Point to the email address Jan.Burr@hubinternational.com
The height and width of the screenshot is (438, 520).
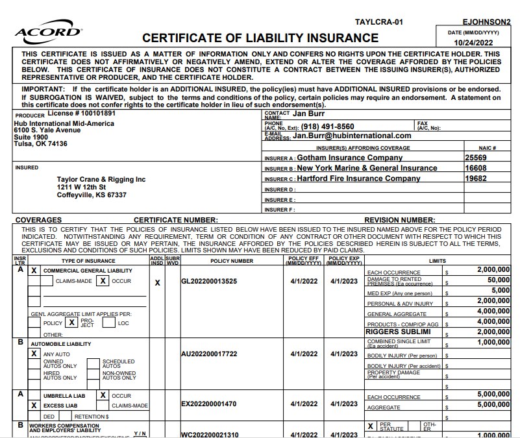click(352, 136)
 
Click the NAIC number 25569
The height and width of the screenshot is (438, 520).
click(476, 158)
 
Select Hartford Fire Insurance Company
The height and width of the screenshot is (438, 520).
click(358, 178)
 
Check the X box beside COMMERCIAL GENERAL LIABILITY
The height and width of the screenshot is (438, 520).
click(34, 270)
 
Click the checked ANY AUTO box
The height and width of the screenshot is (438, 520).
click(34, 354)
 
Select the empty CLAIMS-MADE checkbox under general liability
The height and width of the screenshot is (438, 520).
click(47, 281)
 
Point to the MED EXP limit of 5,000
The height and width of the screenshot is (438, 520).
click(501, 291)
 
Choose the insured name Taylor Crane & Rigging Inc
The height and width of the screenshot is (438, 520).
click(101, 180)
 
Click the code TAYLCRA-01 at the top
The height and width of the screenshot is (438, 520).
click(379, 22)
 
